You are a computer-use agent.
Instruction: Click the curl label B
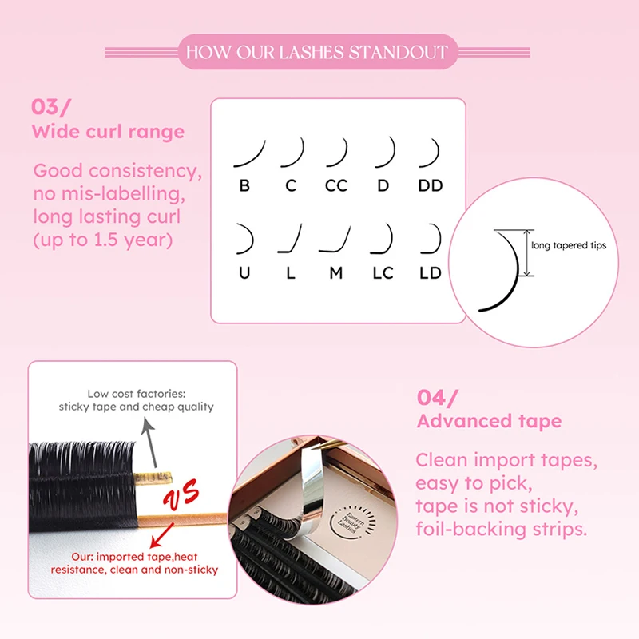pyautogui.click(x=244, y=186)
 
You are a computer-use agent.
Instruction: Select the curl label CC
pyautogui.click(x=336, y=186)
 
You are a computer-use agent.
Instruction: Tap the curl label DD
pyautogui.click(x=431, y=186)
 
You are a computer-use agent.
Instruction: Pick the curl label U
pyautogui.click(x=244, y=273)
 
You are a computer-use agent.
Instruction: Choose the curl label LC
pyautogui.click(x=383, y=273)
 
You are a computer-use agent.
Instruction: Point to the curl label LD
pyautogui.click(x=431, y=273)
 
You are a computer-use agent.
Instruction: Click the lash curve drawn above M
pyautogui.click(x=335, y=238)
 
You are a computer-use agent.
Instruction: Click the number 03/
pyautogui.click(x=50, y=108)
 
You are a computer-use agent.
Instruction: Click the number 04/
pyautogui.click(x=439, y=397)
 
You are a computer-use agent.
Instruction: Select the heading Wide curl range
pyautogui.click(x=108, y=132)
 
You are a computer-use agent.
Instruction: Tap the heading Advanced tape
pyautogui.click(x=489, y=421)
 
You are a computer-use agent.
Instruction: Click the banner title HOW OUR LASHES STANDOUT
pyautogui.click(x=317, y=54)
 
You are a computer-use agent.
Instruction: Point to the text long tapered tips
pyautogui.click(x=569, y=245)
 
